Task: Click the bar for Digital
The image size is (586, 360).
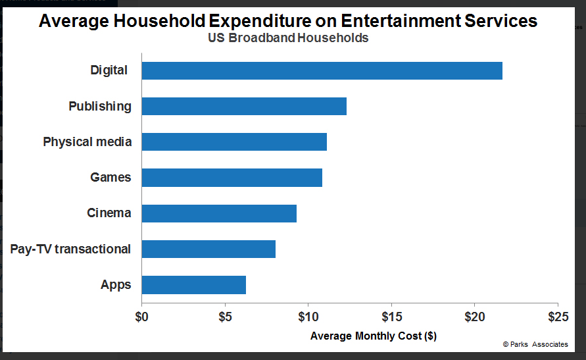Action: [x=322, y=70]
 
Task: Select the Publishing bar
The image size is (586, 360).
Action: [x=244, y=106]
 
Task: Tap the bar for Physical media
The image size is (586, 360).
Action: [x=234, y=141]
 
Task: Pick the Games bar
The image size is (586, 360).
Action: [x=232, y=177]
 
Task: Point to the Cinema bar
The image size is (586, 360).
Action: [x=219, y=213]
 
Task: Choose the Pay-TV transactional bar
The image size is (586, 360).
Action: [x=208, y=249]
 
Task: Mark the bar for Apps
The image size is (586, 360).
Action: [x=193, y=284]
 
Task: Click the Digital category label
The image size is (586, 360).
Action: [x=109, y=70]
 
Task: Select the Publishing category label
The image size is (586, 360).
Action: [x=100, y=107]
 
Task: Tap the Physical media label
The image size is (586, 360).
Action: [x=87, y=142]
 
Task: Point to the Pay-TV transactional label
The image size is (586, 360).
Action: [x=70, y=249]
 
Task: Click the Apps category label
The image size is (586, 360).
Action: [x=116, y=285]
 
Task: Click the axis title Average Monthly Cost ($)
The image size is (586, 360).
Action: [x=373, y=336]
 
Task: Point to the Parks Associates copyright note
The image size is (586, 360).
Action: [x=535, y=344]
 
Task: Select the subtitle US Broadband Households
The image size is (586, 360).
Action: [x=288, y=38]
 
